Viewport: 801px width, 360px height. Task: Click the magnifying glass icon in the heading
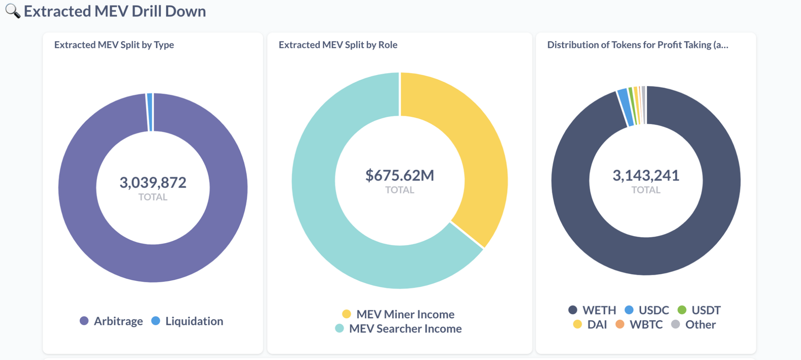pyautogui.click(x=12, y=11)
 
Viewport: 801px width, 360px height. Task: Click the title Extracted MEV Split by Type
pyautogui.click(x=114, y=45)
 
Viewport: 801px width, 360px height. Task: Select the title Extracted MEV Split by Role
pyautogui.click(x=338, y=45)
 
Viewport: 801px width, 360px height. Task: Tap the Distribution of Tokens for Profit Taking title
pyautogui.click(x=637, y=45)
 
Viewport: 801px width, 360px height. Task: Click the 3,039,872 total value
pyautogui.click(x=153, y=183)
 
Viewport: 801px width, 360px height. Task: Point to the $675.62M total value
pyautogui.click(x=400, y=176)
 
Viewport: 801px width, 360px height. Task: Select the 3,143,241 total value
pyautogui.click(x=646, y=176)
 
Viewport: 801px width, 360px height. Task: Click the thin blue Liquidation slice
pyautogui.click(x=150, y=112)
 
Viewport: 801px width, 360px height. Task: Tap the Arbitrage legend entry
pyautogui.click(x=112, y=321)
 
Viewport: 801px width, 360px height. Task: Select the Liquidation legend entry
pyautogui.click(x=187, y=321)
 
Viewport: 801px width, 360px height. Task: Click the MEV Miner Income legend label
pyautogui.click(x=405, y=314)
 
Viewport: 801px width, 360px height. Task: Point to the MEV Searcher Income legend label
pyautogui.click(x=405, y=328)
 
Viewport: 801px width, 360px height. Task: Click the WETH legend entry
pyautogui.click(x=592, y=310)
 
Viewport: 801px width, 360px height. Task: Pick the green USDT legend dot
pyautogui.click(x=682, y=310)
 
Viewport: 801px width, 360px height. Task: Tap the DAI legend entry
pyautogui.click(x=590, y=324)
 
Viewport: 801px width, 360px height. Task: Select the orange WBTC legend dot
pyautogui.click(x=620, y=324)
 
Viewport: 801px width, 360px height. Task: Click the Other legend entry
pyautogui.click(x=694, y=324)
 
